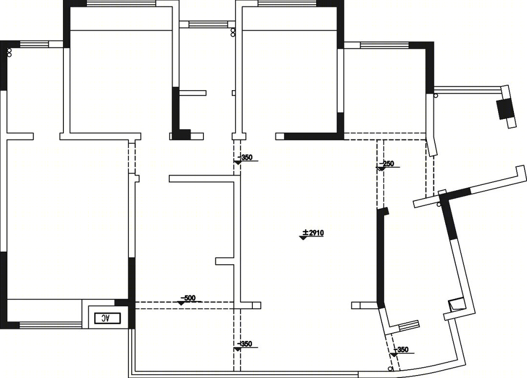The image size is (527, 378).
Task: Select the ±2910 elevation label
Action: tap(313, 233)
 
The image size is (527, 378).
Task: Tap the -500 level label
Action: tap(188, 298)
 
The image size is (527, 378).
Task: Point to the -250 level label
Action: tap(386, 163)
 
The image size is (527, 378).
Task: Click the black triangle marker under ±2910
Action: tap(303, 238)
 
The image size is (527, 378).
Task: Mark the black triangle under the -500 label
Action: tap(182, 303)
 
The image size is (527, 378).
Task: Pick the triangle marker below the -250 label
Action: tap(381, 169)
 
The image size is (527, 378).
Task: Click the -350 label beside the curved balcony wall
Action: tap(401, 349)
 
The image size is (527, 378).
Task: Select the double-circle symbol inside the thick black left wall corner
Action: tap(9, 52)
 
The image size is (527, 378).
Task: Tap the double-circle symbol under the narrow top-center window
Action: tap(233, 32)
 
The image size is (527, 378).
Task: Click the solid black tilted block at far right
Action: tap(504, 109)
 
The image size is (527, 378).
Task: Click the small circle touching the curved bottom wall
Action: tap(390, 369)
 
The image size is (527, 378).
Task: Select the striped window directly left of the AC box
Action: tap(50, 324)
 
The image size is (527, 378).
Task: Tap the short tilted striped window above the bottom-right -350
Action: tap(409, 326)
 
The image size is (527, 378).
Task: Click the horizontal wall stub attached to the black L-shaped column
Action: tap(192, 93)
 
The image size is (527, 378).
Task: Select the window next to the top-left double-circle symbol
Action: tap(34, 44)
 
